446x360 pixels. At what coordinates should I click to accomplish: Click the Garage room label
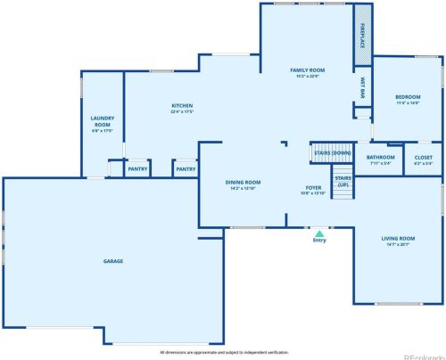(112, 261)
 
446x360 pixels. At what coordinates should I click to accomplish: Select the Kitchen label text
(182, 105)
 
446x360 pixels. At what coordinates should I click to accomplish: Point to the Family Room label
(307, 70)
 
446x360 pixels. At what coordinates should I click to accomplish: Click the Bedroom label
(408, 96)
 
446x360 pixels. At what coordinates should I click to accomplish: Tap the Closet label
(424, 158)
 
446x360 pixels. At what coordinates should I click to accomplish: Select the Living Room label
(398, 238)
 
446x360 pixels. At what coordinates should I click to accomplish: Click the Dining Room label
(243, 182)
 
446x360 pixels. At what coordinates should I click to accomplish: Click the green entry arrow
(318, 233)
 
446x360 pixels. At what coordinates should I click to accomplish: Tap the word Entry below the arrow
(318, 241)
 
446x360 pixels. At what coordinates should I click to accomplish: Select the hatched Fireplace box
(363, 34)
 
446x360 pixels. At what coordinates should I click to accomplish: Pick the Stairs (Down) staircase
(332, 152)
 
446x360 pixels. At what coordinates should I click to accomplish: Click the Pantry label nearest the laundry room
(137, 168)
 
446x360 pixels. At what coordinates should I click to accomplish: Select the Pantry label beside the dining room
(186, 168)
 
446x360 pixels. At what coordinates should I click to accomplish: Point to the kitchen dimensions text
(182, 111)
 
